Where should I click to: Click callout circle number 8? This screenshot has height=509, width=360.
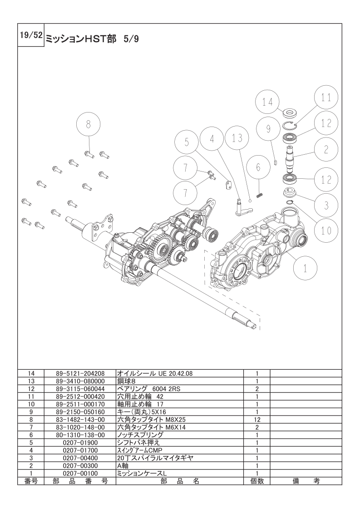click(x=89, y=123)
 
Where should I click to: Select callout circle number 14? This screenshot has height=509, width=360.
click(x=268, y=102)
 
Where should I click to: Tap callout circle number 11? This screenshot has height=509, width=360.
click(x=326, y=98)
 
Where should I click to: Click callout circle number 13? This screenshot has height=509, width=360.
click(x=237, y=138)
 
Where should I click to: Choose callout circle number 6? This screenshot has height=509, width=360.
click(x=258, y=167)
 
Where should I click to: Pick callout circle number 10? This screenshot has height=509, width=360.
click(x=326, y=230)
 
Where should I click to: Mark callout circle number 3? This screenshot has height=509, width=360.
click(x=326, y=205)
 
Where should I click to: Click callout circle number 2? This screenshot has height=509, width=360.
click(x=326, y=149)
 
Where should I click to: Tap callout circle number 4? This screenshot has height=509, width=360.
click(x=212, y=139)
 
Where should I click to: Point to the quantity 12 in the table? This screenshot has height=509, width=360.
click(x=257, y=420)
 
